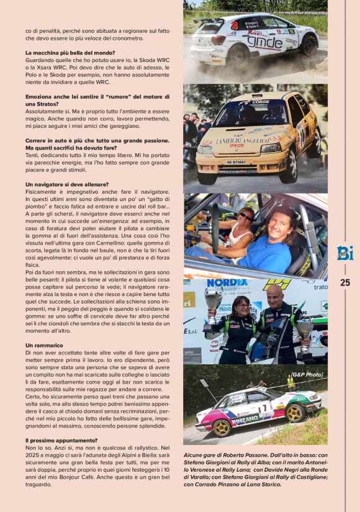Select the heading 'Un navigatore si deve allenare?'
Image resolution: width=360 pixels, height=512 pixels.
[x=67, y=184]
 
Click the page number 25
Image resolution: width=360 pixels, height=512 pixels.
[x=345, y=282]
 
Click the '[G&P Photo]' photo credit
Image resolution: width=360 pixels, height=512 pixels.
[x=307, y=375]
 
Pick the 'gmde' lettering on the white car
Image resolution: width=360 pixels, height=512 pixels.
[x=264, y=42]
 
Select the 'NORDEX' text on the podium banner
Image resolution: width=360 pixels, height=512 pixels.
[x=227, y=283]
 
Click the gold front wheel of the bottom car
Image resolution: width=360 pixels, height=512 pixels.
[x=222, y=427]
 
